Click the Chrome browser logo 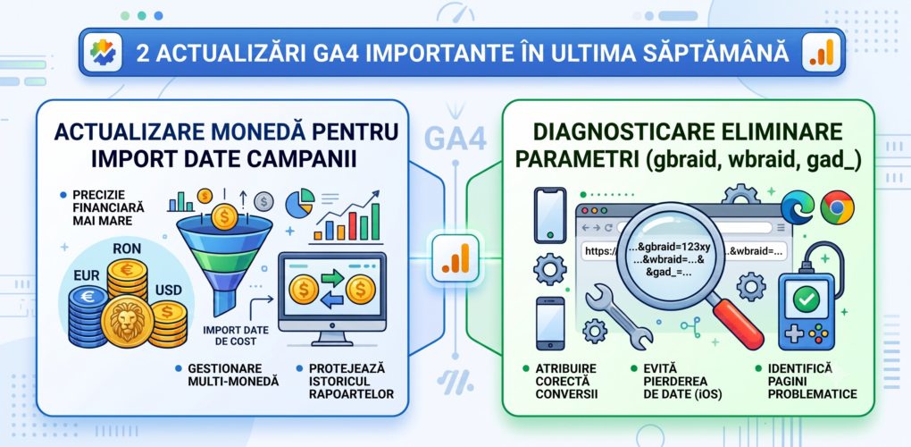point(837,208)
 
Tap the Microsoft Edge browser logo point(797,207)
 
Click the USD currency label point(169,290)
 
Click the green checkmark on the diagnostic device point(807,299)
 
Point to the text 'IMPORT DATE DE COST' point(236,335)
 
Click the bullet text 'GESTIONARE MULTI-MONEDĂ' point(234,375)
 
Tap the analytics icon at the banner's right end point(821,53)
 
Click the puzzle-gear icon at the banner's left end point(103,53)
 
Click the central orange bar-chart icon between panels point(455,258)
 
